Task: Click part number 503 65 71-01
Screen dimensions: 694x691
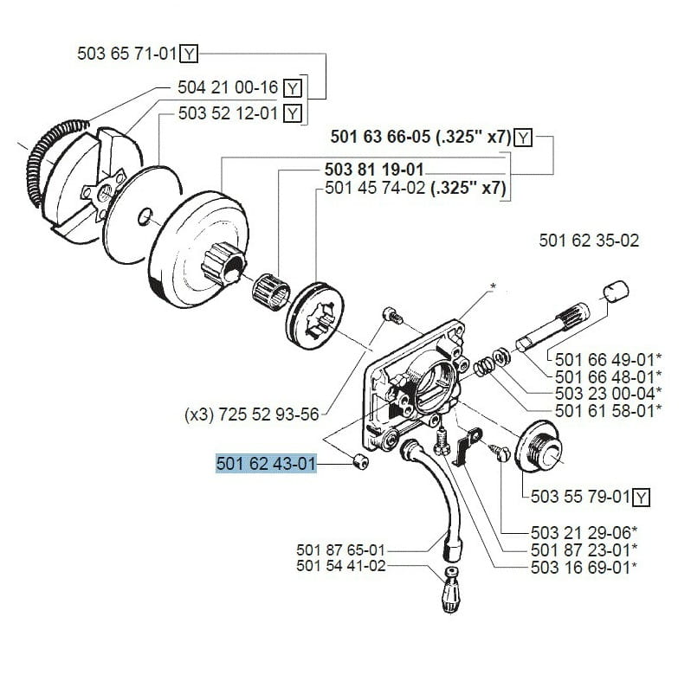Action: (x=127, y=55)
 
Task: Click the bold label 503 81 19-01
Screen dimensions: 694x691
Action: (x=374, y=170)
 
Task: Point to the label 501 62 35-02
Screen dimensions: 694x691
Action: (x=589, y=241)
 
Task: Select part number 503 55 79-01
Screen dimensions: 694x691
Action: (x=579, y=497)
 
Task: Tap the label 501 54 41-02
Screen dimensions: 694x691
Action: (x=340, y=566)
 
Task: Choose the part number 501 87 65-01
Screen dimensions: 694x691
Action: (x=340, y=549)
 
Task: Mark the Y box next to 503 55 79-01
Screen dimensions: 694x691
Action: (x=641, y=497)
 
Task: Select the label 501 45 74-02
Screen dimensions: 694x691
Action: (x=374, y=188)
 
